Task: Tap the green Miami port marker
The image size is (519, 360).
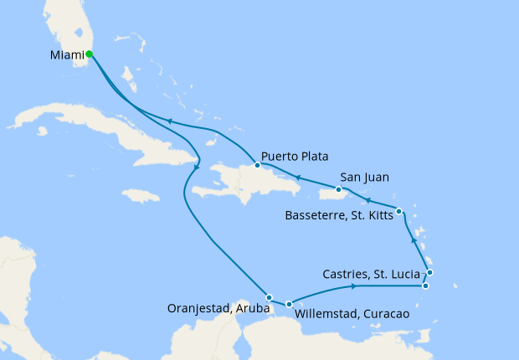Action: [90, 55]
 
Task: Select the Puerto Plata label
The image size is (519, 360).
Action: [294, 156]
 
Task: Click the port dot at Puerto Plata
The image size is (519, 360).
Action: [258, 165]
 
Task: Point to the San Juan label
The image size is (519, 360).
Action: [366, 177]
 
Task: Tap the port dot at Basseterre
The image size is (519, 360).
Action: [399, 211]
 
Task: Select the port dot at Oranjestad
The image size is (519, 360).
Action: [270, 297]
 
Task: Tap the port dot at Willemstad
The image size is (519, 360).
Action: [289, 305]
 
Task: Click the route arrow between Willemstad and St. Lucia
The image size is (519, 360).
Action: [354, 287]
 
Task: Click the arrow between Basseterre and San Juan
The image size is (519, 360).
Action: [366, 201]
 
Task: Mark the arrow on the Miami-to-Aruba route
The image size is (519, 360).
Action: [196, 167]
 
